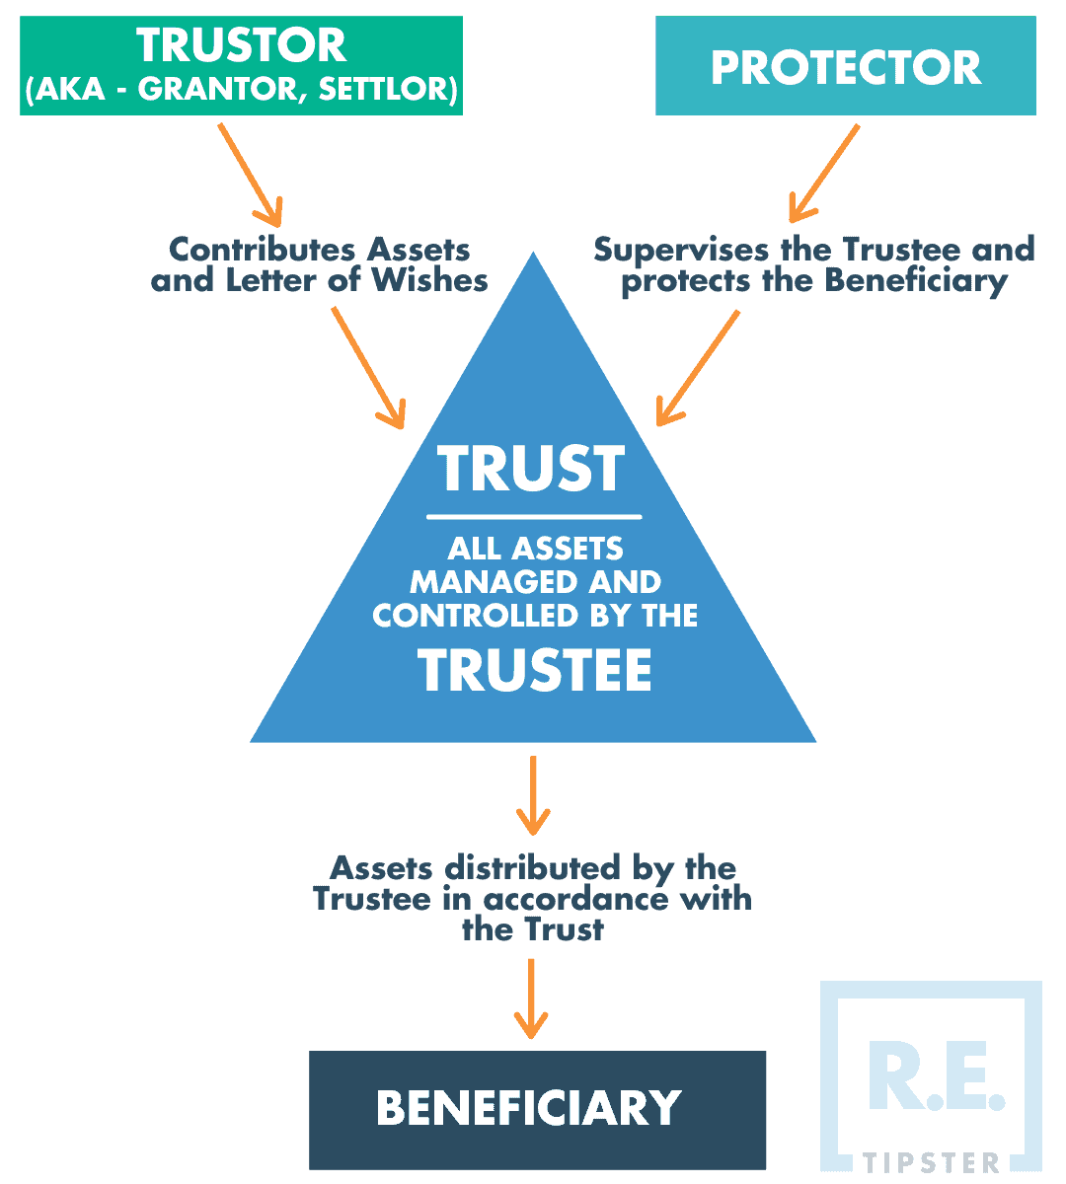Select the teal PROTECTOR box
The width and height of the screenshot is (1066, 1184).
[x=846, y=66]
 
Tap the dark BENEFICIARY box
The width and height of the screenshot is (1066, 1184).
[x=537, y=1108]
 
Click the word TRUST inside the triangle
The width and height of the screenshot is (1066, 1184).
[x=532, y=469]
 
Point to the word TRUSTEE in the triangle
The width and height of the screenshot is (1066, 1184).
[x=535, y=671]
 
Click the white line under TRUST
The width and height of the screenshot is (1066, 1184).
[x=534, y=516]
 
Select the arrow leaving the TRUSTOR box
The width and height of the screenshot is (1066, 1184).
[x=249, y=173]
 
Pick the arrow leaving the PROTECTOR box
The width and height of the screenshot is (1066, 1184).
[x=822, y=173]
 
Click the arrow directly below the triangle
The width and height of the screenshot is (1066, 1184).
[x=533, y=794]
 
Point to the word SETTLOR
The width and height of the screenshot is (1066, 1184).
[x=387, y=91]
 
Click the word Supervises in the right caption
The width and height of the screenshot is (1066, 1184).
[x=680, y=249]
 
